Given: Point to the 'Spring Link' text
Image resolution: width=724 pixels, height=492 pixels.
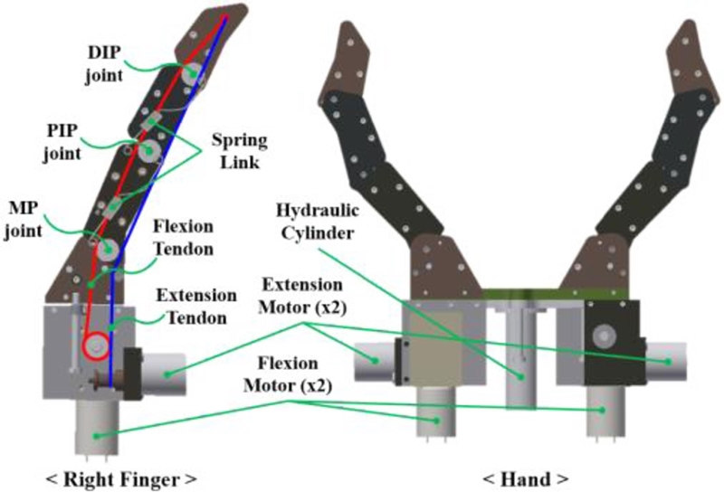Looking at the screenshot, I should tap(238, 152).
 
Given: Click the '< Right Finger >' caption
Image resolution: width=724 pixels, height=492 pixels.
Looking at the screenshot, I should tap(121, 474).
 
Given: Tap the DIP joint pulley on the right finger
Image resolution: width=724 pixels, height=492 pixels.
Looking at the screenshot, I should tap(192, 73).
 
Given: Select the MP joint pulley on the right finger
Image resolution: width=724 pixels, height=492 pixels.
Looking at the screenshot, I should tap(108, 249).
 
